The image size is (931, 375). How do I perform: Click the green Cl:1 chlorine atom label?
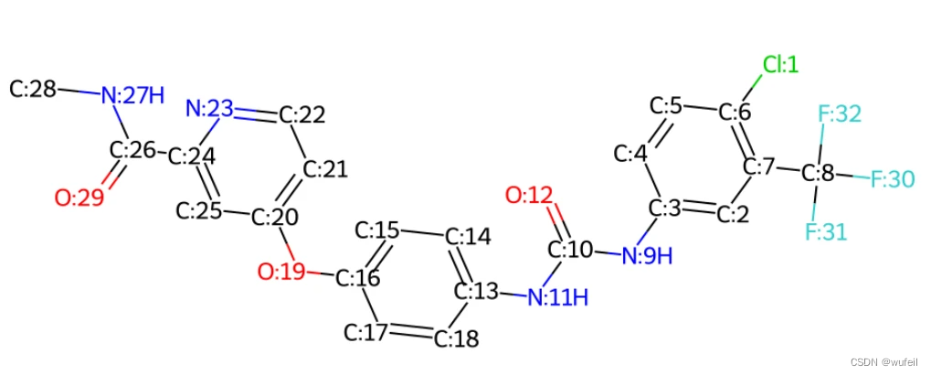pyautogui.click(x=780, y=65)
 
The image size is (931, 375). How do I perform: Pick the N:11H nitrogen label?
pyautogui.click(x=557, y=296)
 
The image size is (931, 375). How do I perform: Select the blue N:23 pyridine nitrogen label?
pyautogui.click(x=209, y=110)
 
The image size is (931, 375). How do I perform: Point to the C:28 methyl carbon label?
pyautogui.click(x=33, y=89)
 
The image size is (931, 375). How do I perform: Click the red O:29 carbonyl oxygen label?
pyautogui.click(x=79, y=198)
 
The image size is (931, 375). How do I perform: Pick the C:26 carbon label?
pyautogui.click(x=133, y=150)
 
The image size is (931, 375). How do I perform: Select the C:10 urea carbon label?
pyautogui.click(x=572, y=249)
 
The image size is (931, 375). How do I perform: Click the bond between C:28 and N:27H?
pyautogui.click(x=79, y=91)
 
